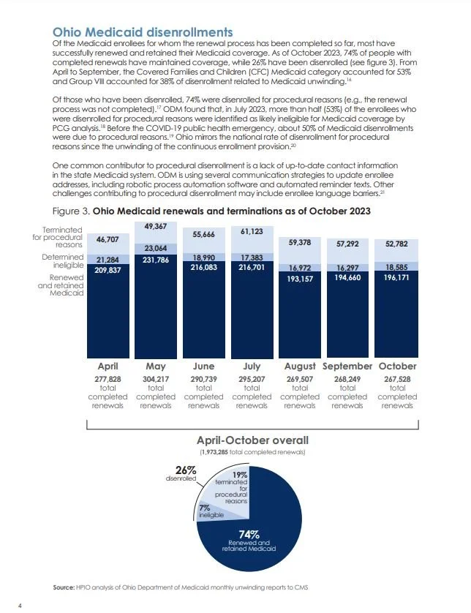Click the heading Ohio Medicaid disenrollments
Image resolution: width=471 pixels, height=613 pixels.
pos(143,32)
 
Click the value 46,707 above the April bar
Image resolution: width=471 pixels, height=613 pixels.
pos(108,239)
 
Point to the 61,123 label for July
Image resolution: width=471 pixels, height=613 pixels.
pos(252,231)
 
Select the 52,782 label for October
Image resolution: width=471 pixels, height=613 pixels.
pos(397,244)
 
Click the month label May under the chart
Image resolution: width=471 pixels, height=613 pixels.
pos(156,366)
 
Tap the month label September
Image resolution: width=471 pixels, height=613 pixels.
pos(348,366)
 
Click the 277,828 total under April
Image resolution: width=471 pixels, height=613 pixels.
pos(108,378)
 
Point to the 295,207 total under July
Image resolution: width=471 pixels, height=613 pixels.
pos(252,378)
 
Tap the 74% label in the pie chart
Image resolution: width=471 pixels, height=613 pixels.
pos(251,533)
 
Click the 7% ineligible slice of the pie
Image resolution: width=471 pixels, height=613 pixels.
pos(206,511)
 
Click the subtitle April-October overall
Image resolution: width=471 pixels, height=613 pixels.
pos(252,440)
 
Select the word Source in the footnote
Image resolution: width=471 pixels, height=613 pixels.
pos(64,587)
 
